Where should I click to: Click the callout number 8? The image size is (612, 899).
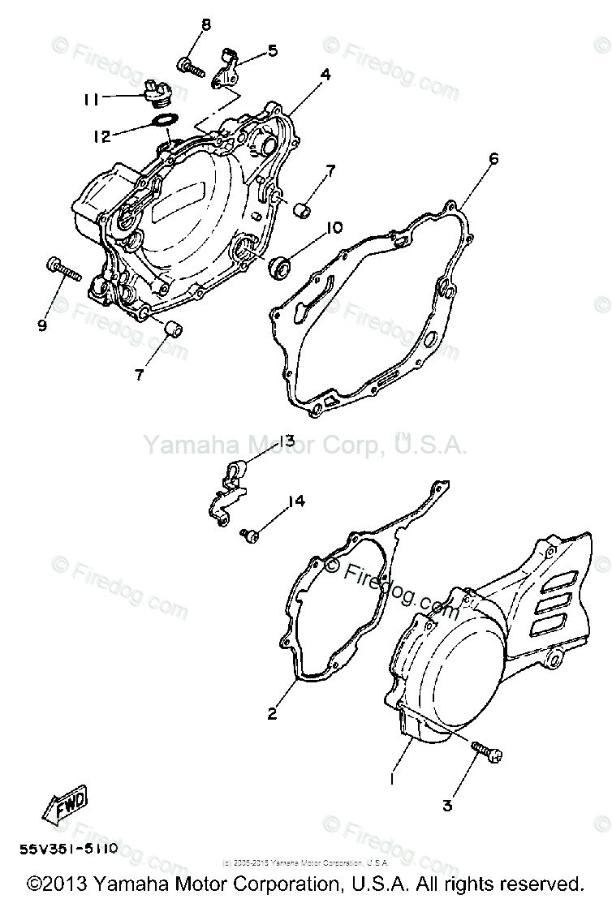(x=205, y=24)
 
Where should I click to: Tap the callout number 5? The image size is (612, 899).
(x=272, y=50)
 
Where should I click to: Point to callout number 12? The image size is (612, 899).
(x=101, y=137)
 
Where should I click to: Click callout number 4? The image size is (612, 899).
(x=325, y=74)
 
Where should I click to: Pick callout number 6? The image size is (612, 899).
(x=493, y=158)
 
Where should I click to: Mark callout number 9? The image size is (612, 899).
(x=41, y=325)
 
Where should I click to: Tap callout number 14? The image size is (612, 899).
(x=297, y=501)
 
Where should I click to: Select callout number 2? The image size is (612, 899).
(x=272, y=713)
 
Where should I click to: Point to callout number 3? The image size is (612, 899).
(x=446, y=806)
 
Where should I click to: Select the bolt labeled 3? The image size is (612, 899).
(x=488, y=752)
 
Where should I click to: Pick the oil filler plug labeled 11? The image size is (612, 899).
(x=155, y=92)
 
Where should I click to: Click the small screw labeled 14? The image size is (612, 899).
(x=249, y=534)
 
